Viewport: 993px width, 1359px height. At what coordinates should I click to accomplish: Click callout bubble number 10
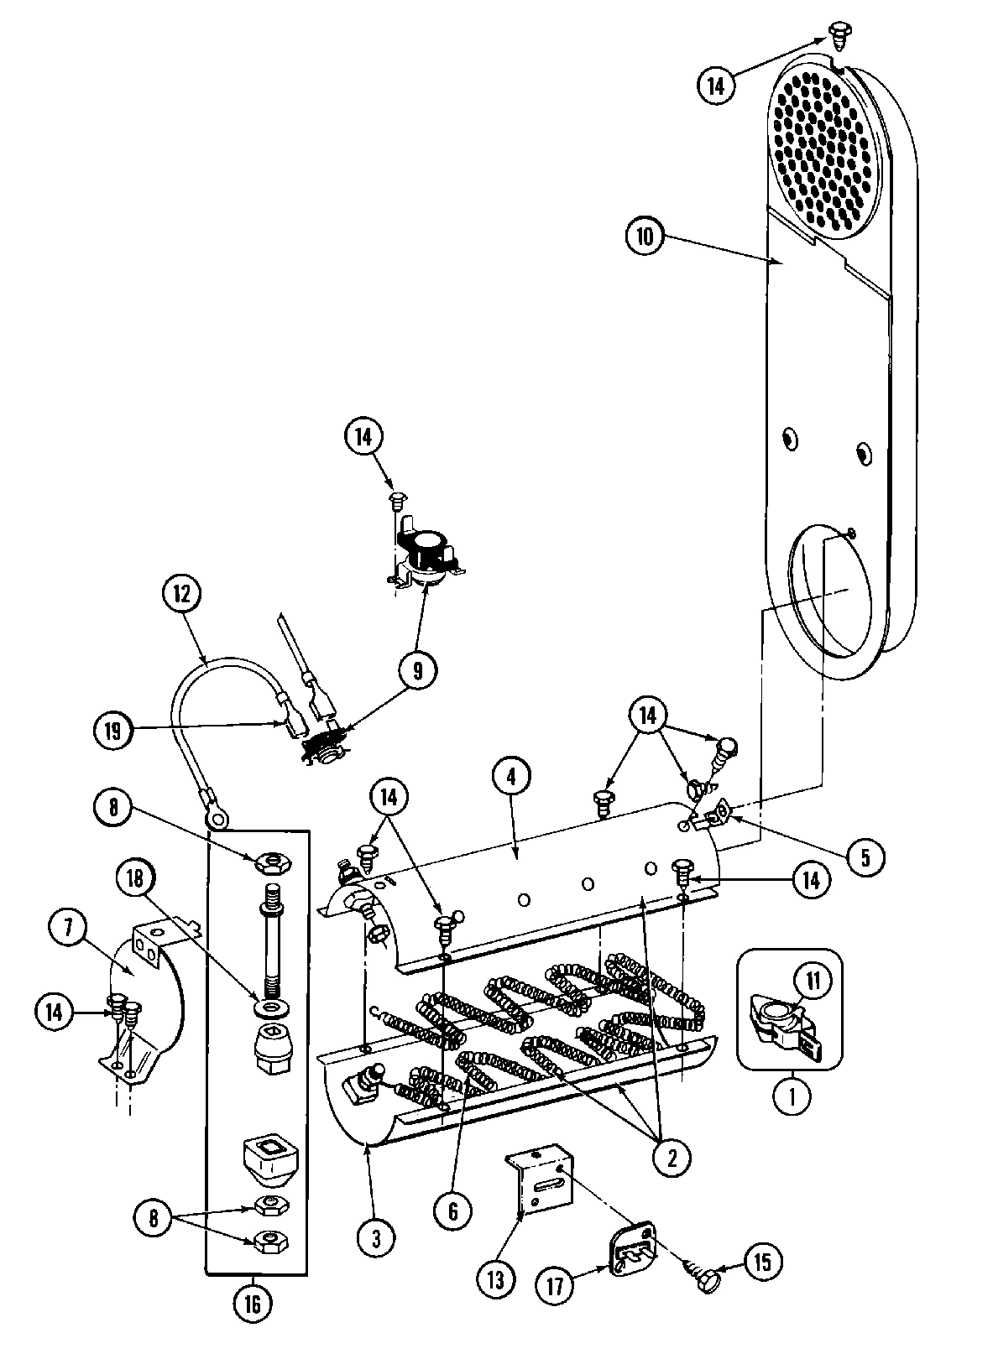645,236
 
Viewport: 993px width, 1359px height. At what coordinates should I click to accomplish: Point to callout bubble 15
760,1261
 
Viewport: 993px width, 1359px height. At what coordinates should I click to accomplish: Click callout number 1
792,1096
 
